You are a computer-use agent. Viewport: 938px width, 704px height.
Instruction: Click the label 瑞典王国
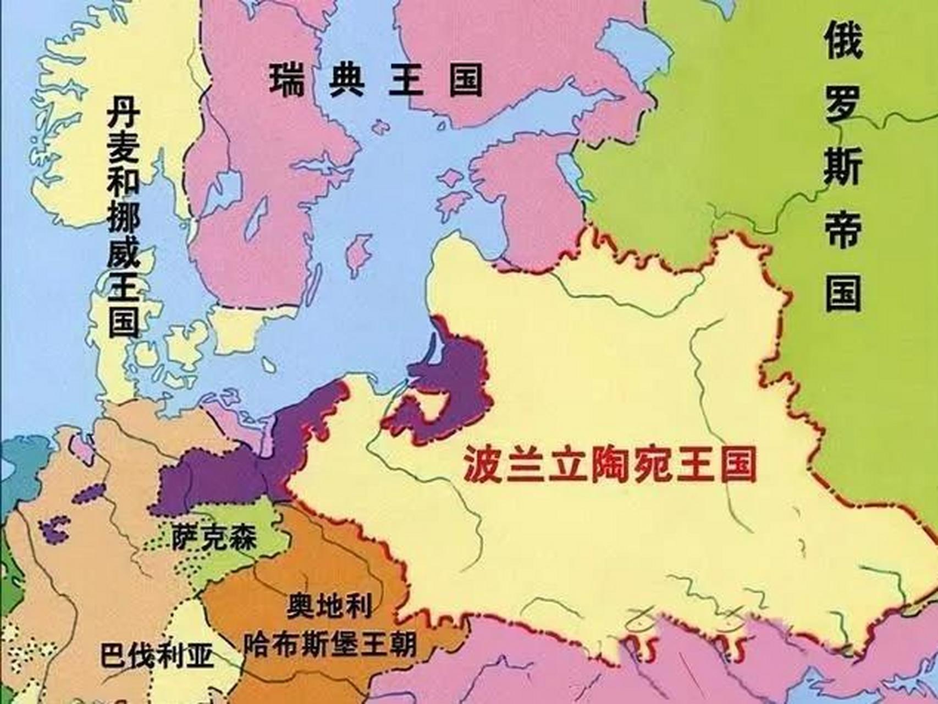[x=376, y=80]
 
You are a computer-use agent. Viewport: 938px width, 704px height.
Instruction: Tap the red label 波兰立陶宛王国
[x=609, y=464]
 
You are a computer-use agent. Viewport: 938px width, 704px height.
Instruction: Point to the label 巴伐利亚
[x=157, y=654]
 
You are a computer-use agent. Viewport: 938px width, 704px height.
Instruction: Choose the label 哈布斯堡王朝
[x=330, y=642]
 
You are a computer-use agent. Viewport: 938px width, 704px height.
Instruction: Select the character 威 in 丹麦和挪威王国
[x=123, y=256]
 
